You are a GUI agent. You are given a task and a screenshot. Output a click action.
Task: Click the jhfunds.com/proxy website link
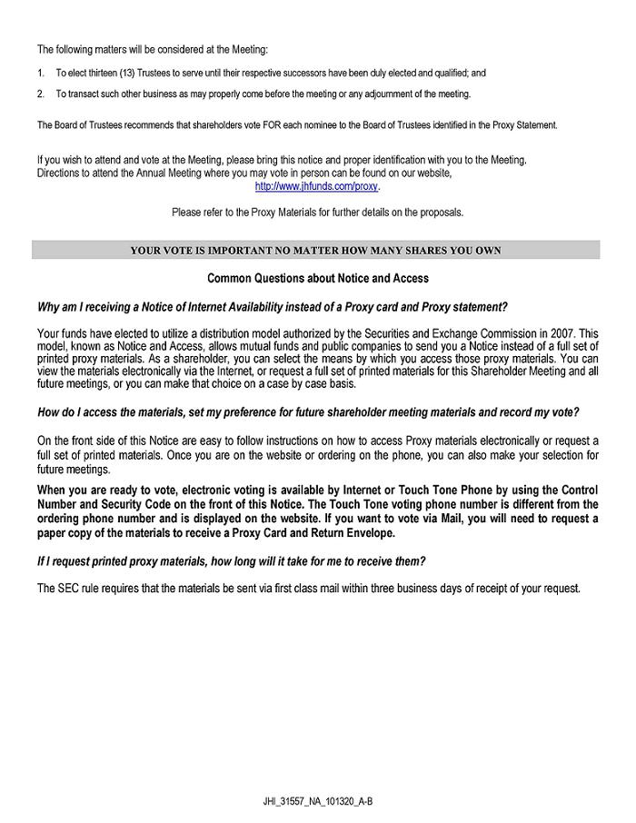pyautogui.click(x=316, y=186)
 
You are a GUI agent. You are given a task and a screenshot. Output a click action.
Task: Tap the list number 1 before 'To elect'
pyautogui.click(x=41, y=72)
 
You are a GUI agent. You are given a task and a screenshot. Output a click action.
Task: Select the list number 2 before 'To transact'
pyautogui.click(x=41, y=94)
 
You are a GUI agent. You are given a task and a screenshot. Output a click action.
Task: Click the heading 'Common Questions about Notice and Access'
pyautogui.click(x=318, y=278)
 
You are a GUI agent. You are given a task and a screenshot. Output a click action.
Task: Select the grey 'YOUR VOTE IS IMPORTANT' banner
pyautogui.click(x=315, y=250)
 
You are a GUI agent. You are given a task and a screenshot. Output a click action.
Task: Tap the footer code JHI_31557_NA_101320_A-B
pyautogui.click(x=319, y=801)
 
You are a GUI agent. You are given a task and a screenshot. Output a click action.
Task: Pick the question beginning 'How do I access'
pyautogui.click(x=308, y=412)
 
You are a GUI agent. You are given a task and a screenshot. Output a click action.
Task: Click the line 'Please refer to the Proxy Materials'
pyautogui.click(x=317, y=213)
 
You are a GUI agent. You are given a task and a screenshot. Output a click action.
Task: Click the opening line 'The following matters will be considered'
pyautogui.click(x=153, y=48)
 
